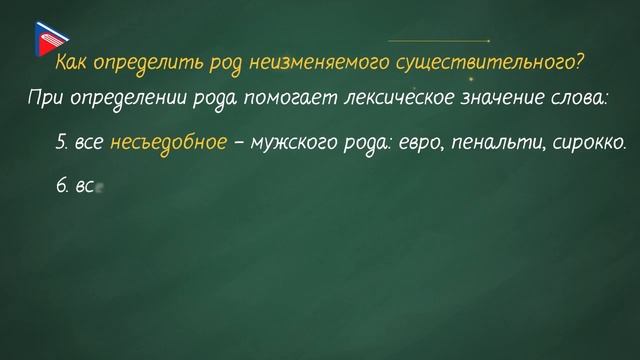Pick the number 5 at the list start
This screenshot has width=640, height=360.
tap(60, 143)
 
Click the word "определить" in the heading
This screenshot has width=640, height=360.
tap(140, 63)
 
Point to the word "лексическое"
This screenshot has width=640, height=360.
tap(404, 99)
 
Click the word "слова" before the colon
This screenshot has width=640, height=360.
tap(585, 99)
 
